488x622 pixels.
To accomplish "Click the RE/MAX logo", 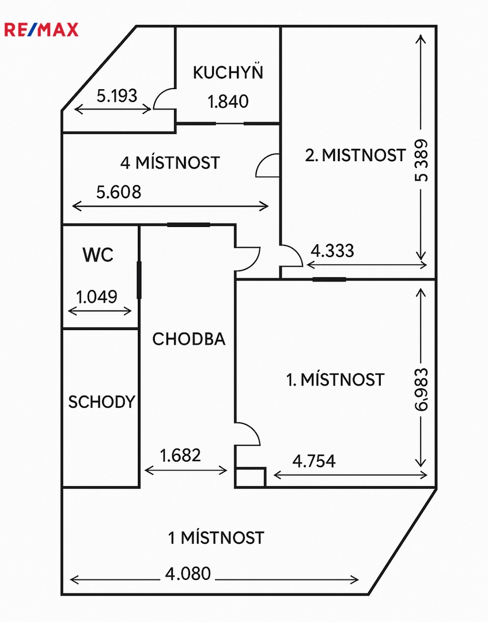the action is tap(41, 30).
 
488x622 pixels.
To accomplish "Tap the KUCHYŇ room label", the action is tap(228, 72).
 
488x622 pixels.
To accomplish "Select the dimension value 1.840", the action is tap(228, 101).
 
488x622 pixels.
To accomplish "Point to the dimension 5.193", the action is tap(117, 96).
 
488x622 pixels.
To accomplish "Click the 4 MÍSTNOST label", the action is tap(170, 162).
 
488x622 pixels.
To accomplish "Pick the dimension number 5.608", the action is tap(119, 192).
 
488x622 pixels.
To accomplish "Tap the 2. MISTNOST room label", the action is tap(355, 155).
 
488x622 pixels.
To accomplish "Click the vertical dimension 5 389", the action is tap(421, 160).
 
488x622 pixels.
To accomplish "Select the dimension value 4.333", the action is tap(332, 251).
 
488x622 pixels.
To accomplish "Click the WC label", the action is tap(98, 255).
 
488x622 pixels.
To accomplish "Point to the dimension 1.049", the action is tap(96, 297).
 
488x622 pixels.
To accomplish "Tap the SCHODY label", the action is tap(101, 402).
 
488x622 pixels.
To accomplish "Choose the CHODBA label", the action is tap(189, 339).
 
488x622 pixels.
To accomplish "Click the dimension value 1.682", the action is tap(180, 456).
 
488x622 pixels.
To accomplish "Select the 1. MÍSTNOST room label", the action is tap(335, 380).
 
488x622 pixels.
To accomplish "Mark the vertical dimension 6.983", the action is tap(421, 389).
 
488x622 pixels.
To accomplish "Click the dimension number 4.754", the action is tap(314, 461).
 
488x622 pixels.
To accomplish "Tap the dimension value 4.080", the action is tap(188, 574).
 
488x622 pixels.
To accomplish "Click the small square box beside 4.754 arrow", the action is tap(251, 477).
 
